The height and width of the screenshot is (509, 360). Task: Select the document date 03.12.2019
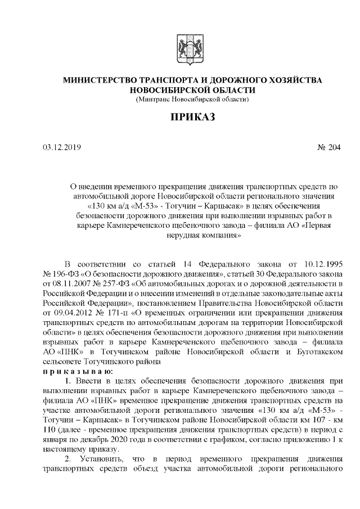pyautogui.click(x=62, y=148)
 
